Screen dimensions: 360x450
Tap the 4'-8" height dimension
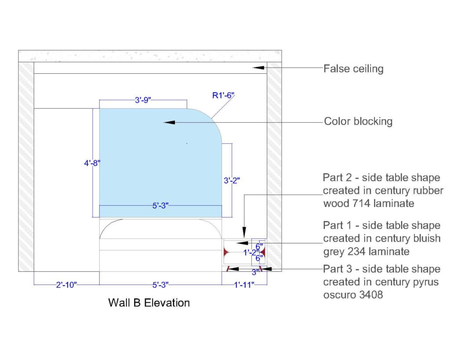(x=92, y=163)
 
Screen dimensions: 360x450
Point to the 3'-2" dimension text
(x=232, y=180)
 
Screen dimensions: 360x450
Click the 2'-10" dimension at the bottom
(x=66, y=285)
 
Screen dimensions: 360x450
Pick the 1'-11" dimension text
(x=244, y=285)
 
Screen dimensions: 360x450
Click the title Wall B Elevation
(x=149, y=302)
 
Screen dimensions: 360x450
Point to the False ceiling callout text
(x=353, y=69)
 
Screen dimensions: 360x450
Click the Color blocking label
(x=358, y=121)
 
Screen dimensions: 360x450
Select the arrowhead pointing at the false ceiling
(x=259, y=67)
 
